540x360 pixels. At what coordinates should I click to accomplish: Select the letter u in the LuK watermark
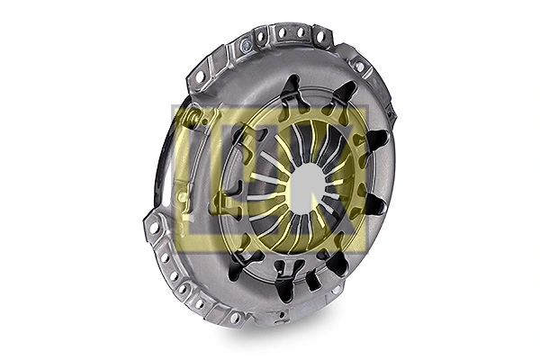coord(270,180)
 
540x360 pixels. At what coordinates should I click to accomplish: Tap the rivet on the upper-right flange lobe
coord(359,66)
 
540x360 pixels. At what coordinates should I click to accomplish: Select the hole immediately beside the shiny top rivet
coord(262,38)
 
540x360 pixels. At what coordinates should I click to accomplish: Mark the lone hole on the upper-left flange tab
coord(200,76)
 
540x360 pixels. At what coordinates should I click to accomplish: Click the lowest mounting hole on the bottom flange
coord(235,317)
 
